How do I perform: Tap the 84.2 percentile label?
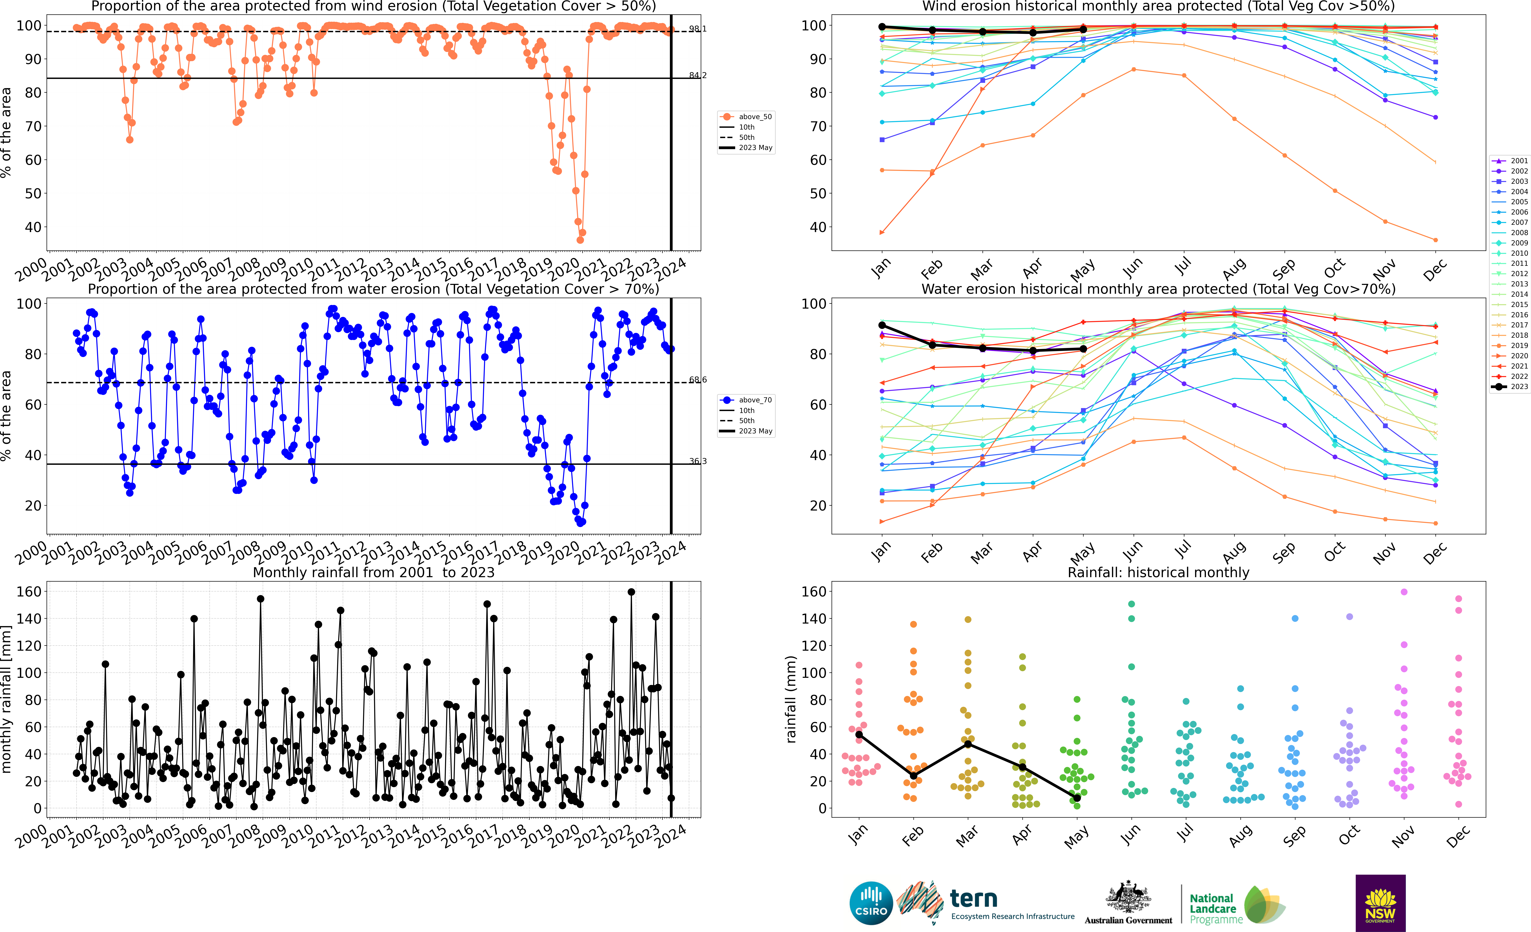pyautogui.click(x=697, y=75)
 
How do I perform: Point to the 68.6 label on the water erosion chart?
pyautogui.click(x=697, y=380)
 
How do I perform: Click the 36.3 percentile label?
pyautogui.click(x=697, y=461)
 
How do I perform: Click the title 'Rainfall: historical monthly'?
pyautogui.click(x=1158, y=572)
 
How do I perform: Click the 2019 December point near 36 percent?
pyautogui.click(x=1435, y=240)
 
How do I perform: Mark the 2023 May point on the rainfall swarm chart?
pyautogui.click(x=1077, y=798)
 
